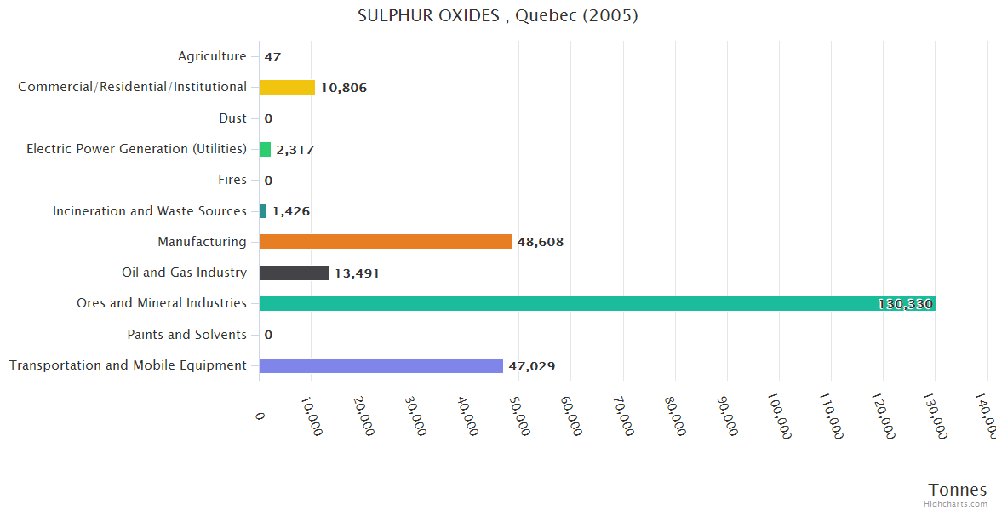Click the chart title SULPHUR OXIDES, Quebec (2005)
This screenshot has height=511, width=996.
(498, 15)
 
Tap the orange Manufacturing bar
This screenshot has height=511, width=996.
(385, 242)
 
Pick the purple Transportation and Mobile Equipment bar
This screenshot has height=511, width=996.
(381, 365)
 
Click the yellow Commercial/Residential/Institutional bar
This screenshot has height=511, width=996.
(287, 87)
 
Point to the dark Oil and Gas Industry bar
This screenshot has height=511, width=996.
(294, 273)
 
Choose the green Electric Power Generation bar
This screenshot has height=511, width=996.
(265, 150)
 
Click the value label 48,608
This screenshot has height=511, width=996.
(540, 242)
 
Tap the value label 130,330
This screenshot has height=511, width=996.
(906, 304)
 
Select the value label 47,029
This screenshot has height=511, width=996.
(531, 366)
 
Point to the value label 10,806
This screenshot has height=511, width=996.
(343, 88)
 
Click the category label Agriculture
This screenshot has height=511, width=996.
(212, 56)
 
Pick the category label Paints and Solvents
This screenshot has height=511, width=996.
(186, 335)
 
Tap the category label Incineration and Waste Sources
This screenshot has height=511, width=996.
(149, 211)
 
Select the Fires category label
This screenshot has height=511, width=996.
(232, 180)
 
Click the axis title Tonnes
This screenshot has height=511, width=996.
(957, 490)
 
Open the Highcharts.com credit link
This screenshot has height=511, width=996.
(956, 504)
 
